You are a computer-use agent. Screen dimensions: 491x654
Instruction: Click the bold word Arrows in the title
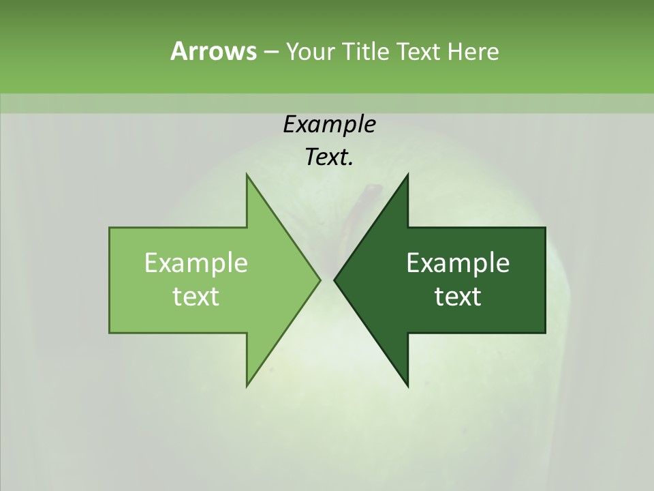213,51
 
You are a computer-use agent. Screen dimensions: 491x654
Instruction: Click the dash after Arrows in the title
270,52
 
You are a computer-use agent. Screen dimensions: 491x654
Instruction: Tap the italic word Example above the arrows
329,124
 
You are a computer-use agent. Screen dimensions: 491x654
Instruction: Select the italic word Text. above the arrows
329,157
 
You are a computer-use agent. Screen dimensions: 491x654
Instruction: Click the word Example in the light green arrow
196,263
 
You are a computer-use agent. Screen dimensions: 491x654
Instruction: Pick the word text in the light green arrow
196,296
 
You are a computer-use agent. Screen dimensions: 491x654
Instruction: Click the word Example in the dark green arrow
458,263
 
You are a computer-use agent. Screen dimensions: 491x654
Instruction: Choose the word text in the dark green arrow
458,296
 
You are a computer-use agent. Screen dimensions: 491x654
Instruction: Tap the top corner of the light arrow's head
247,175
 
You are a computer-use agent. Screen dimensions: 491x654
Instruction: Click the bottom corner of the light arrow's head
247,385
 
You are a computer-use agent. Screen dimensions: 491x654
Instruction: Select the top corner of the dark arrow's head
407,175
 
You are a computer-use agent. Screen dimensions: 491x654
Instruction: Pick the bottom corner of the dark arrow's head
407,385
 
